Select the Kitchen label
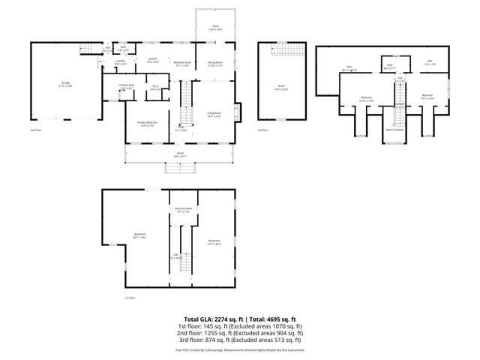152,59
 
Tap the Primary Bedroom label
147,122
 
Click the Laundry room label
120,64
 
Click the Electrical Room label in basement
182,210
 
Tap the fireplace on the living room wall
238,110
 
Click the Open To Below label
394,129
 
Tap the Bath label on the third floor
391,65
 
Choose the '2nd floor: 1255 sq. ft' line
240,334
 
